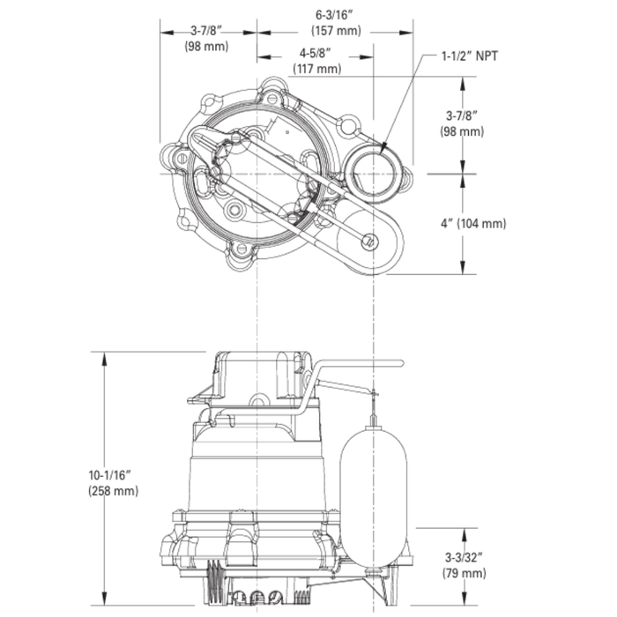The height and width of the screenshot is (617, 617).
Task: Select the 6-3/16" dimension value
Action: coord(335,15)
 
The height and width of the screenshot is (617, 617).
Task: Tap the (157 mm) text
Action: coord(335,31)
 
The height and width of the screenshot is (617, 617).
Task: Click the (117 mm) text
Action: coord(316,69)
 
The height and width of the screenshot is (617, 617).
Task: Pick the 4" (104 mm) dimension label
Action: coord(473,224)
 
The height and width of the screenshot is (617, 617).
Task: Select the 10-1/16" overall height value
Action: coord(113,474)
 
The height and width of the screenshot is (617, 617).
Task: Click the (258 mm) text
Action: coord(113,490)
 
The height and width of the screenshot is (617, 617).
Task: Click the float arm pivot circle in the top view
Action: coord(370,239)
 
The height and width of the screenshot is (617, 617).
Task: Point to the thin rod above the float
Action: coord(373,405)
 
